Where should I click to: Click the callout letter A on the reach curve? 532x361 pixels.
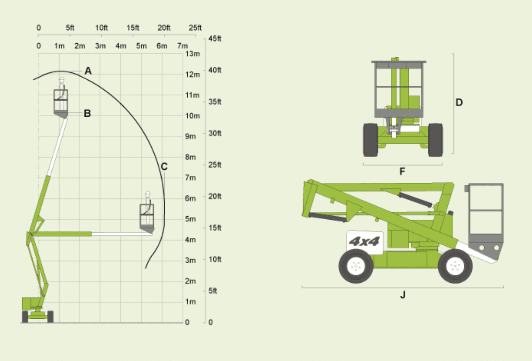88,70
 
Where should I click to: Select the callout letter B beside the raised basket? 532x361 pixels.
88,113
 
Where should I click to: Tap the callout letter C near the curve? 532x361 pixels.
164,166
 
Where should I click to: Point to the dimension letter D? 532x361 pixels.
459,103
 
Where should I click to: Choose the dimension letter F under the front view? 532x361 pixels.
402,171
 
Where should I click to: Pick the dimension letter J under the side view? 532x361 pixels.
403,295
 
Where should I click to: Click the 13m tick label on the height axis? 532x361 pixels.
193,54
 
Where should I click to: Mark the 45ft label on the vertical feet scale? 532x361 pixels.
215,38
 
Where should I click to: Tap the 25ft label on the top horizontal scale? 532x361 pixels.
195,28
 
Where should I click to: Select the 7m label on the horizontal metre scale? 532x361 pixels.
183,45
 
